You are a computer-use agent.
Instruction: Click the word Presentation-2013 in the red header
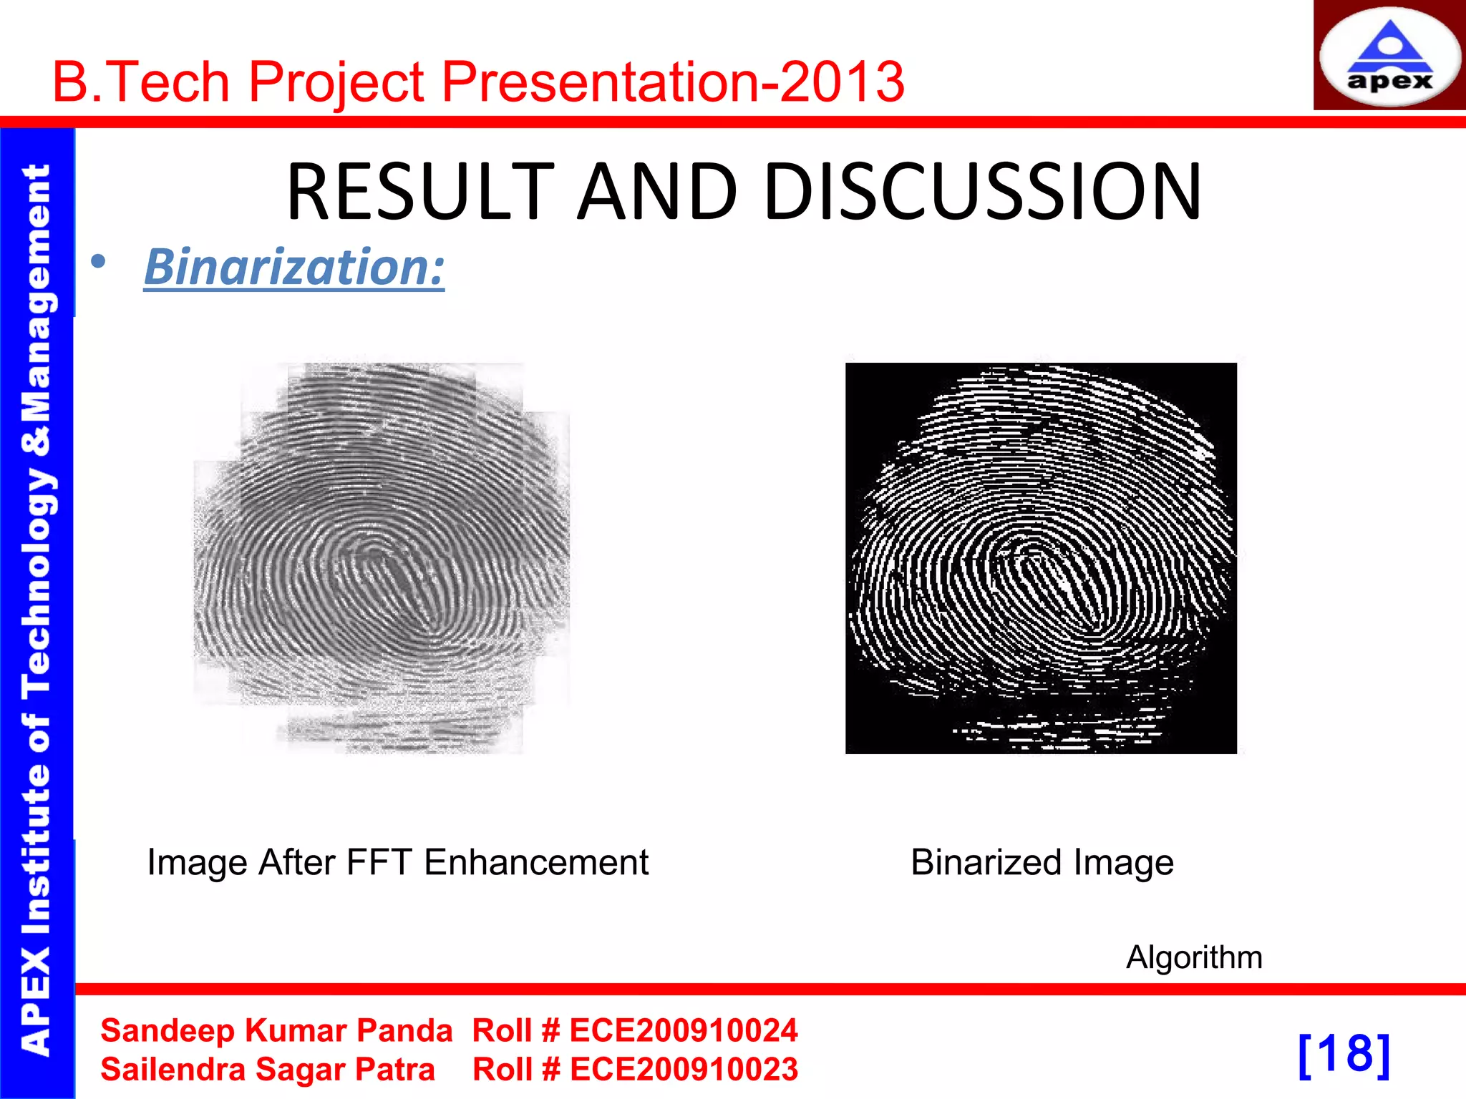coord(673,82)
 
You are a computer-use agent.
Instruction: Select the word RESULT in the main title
coord(421,192)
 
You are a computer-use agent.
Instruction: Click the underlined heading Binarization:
coord(294,267)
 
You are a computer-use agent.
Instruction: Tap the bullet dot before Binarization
coord(99,262)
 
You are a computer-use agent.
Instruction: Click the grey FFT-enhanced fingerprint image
coord(382,558)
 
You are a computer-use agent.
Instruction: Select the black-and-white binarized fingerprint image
coord(1041,558)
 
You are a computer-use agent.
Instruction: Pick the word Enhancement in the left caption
coord(536,862)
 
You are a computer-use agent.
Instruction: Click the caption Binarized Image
coord(1042,862)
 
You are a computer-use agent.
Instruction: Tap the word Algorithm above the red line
coord(1194,957)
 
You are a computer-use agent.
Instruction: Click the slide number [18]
coord(1344,1054)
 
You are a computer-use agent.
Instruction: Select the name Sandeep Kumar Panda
coord(276,1031)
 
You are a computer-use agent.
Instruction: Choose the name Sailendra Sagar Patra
coord(268,1070)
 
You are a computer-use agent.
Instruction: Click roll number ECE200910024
coord(683,1031)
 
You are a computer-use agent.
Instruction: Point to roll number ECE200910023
coord(683,1070)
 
